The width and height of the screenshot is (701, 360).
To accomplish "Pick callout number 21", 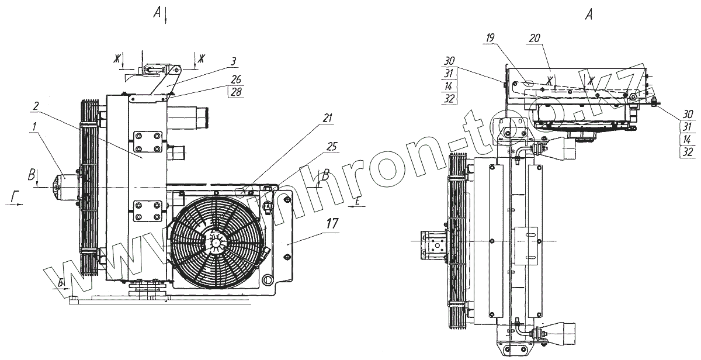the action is [327, 118].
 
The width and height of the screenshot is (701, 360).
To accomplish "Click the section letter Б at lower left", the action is [61, 283].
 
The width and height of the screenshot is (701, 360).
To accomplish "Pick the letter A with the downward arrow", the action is [157, 14].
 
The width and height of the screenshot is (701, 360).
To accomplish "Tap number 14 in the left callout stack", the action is [448, 85].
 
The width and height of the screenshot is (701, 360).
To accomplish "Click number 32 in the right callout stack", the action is [688, 153].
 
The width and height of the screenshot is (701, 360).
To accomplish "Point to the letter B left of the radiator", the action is [31, 174].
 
